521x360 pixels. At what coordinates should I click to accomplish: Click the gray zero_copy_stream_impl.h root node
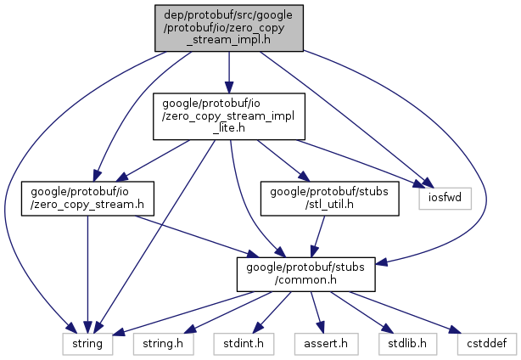click(227, 28)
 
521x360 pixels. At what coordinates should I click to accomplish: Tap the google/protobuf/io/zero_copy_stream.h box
click(87, 198)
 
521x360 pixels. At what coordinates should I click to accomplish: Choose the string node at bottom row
click(85, 344)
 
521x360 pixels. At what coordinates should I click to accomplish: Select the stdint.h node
click(238, 344)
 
